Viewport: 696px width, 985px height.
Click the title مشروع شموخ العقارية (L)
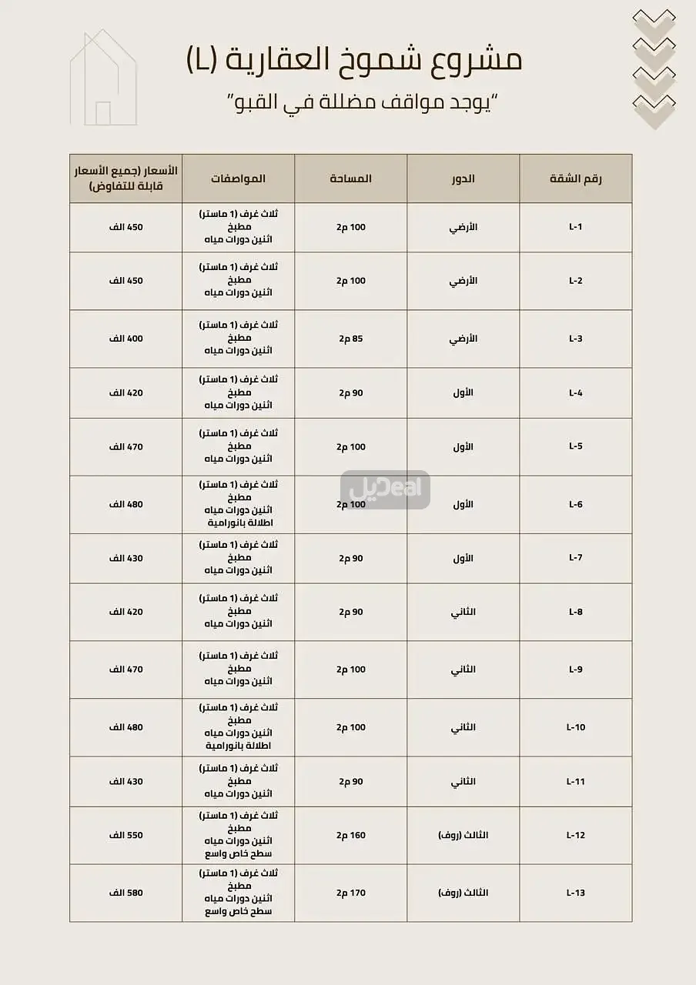click(x=354, y=59)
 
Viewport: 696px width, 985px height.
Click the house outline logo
click(x=103, y=78)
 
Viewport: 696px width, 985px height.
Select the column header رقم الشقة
click(x=576, y=179)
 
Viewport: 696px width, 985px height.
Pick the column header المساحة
click(x=351, y=179)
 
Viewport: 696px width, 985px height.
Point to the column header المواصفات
click(x=239, y=179)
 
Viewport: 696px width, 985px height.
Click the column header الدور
click(x=463, y=179)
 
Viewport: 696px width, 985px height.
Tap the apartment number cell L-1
click(x=576, y=227)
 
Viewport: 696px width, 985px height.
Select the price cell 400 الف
click(x=126, y=339)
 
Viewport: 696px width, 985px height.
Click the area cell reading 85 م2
click(x=351, y=339)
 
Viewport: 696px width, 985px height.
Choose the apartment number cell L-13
click(x=576, y=893)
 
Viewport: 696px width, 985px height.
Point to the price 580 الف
click(x=126, y=893)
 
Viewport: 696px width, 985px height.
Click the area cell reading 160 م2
click(x=351, y=835)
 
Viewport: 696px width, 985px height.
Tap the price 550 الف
click(x=126, y=835)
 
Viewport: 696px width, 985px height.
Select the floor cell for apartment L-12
click(x=463, y=835)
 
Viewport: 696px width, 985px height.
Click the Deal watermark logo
click(x=385, y=490)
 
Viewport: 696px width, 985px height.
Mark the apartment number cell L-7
click(x=576, y=558)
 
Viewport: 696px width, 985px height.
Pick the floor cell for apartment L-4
click(x=463, y=392)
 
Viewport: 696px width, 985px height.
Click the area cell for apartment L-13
click(x=351, y=893)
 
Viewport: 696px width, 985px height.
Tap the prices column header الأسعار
click(x=126, y=179)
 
